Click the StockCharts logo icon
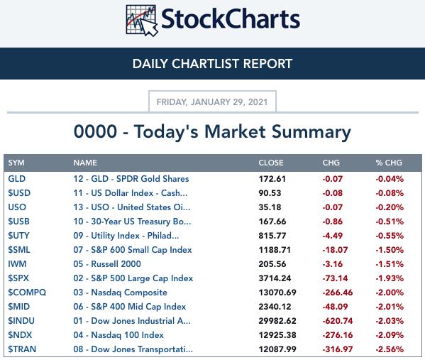[x=142, y=21]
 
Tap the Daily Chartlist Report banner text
[x=213, y=64]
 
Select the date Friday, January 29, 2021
[x=212, y=102]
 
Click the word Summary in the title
[x=311, y=132]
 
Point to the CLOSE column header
[x=271, y=163]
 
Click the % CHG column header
[x=389, y=163]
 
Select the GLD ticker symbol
[x=17, y=179]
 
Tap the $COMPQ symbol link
[x=27, y=293]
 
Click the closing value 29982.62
[x=277, y=321]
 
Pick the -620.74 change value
[x=338, y=321]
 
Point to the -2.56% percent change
[x=390, y=349]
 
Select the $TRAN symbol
[x=22, y=349]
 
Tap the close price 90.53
[x=270, y=193]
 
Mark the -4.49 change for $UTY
[x=332, y=236]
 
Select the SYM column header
[x=16, y=163]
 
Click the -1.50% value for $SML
[x=390, y=250]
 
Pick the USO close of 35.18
[x=270, y=207]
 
